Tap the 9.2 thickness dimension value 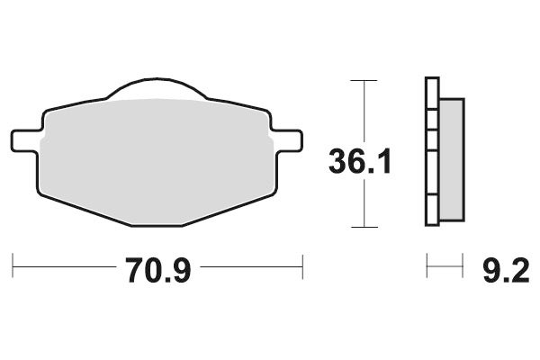click(x=495, y=269)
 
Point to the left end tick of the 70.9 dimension click(x=13, y=265)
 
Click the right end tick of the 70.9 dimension click(x=302, y=265)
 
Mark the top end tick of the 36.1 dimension click(x=363, y=80)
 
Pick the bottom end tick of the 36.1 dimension click(x=363, y=227)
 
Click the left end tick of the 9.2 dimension click(x=427, y=265)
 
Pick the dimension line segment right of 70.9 click(x=252, y=266)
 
